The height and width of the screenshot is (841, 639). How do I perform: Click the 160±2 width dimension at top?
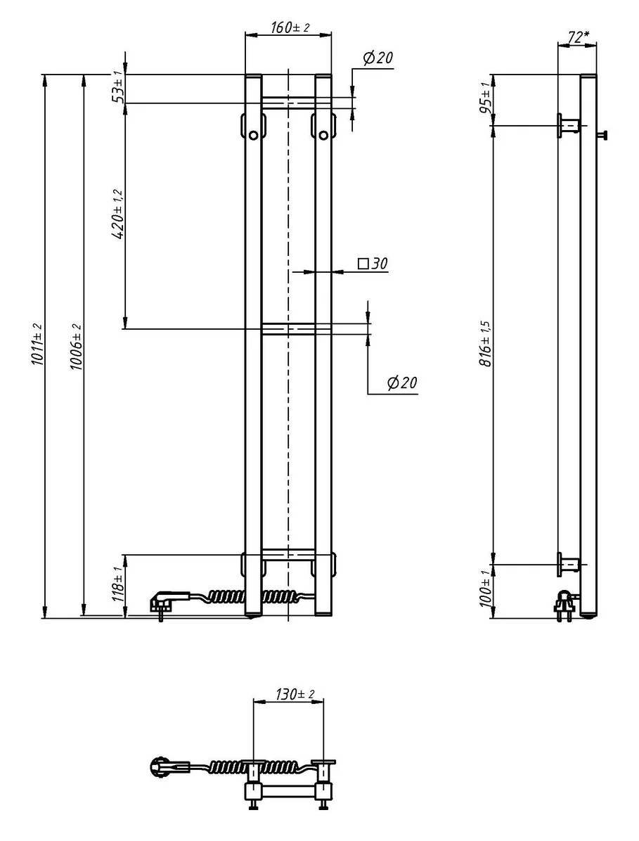(x=290, y=27)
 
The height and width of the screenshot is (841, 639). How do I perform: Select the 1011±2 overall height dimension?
(x=37, y=344)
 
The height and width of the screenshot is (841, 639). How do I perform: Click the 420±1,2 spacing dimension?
(x=119, y=214)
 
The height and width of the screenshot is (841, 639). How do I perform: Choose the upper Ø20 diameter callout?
(x=378, y=58)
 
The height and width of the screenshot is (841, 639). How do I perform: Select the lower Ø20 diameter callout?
(x=401, y=383)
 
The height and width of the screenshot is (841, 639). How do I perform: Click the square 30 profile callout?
(x=373, y=264)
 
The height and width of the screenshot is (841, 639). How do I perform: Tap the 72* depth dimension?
(x=578, y=37)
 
